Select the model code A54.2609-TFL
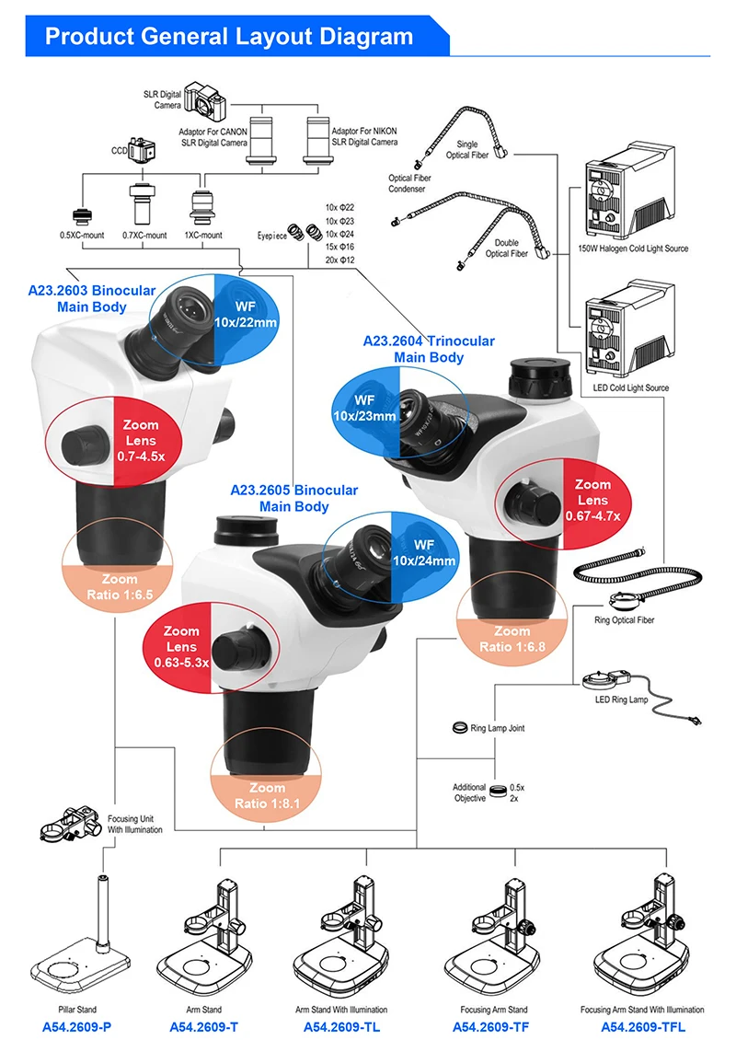[x=643, y=1026]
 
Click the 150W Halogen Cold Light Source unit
[x=631, y=199]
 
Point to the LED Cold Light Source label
[x=632, y=387]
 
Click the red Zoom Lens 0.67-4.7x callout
[x=592, y=500]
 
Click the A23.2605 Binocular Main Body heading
[x=294, y=498]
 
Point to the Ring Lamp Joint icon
[x=460, y=728]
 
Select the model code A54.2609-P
[x=83, y=1026]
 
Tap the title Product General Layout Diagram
[x=229, y=37]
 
